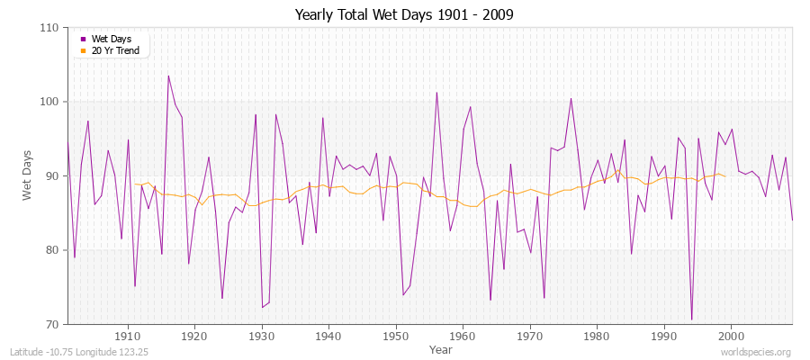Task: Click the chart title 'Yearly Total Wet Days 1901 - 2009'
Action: pyautogui.click(x=404, y=15)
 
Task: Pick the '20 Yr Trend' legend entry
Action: pyautogui.click(x=112, y=50)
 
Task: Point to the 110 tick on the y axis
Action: pyautogui.click(x=51, y=28)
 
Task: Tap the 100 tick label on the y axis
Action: pyautogui.click(x=51, y=102)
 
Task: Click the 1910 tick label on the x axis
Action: pyautogui.click(x=127, y=336)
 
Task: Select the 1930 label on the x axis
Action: pyautogui.click(x=261, y=336)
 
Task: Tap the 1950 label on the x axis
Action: pyautogui.click(x=395, y=336)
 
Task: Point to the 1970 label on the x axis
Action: pyautogui.click(x=529, y=336)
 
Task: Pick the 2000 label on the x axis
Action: pyautogui.click(x=731, y=336)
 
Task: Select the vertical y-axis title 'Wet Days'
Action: pyautogui.click(x=28, y=175)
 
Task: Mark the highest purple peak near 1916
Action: pyautogui.click(x=168, y=76)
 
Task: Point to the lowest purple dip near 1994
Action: pyautogui.click(x=691, y=319)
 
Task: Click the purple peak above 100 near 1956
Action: pyautogui.click(x=436, y=92)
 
